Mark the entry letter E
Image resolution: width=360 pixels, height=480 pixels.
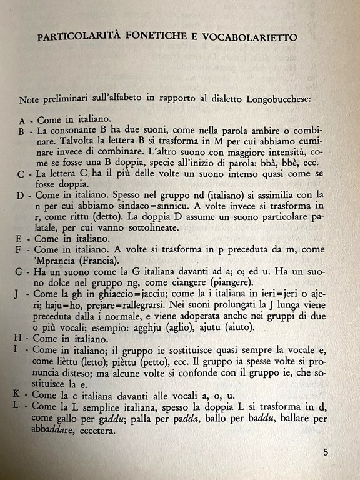(x=22, y=238)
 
